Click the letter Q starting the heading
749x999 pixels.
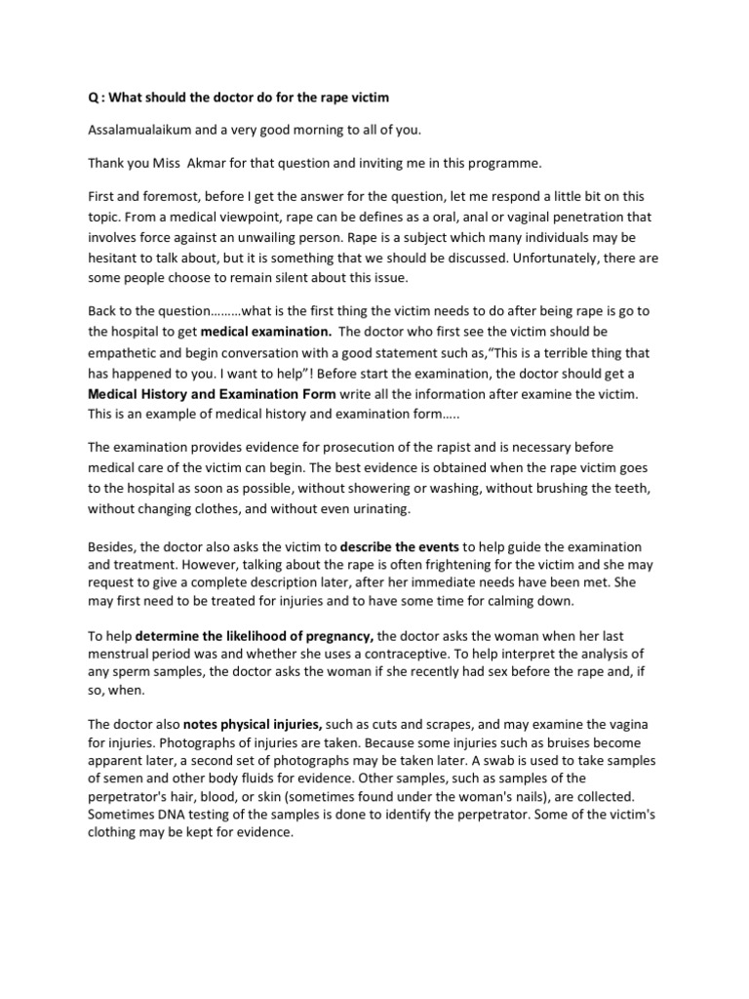tap(93, 100)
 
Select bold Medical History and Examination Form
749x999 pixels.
tap(212, 393)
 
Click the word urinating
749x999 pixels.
tap(378, 508)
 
